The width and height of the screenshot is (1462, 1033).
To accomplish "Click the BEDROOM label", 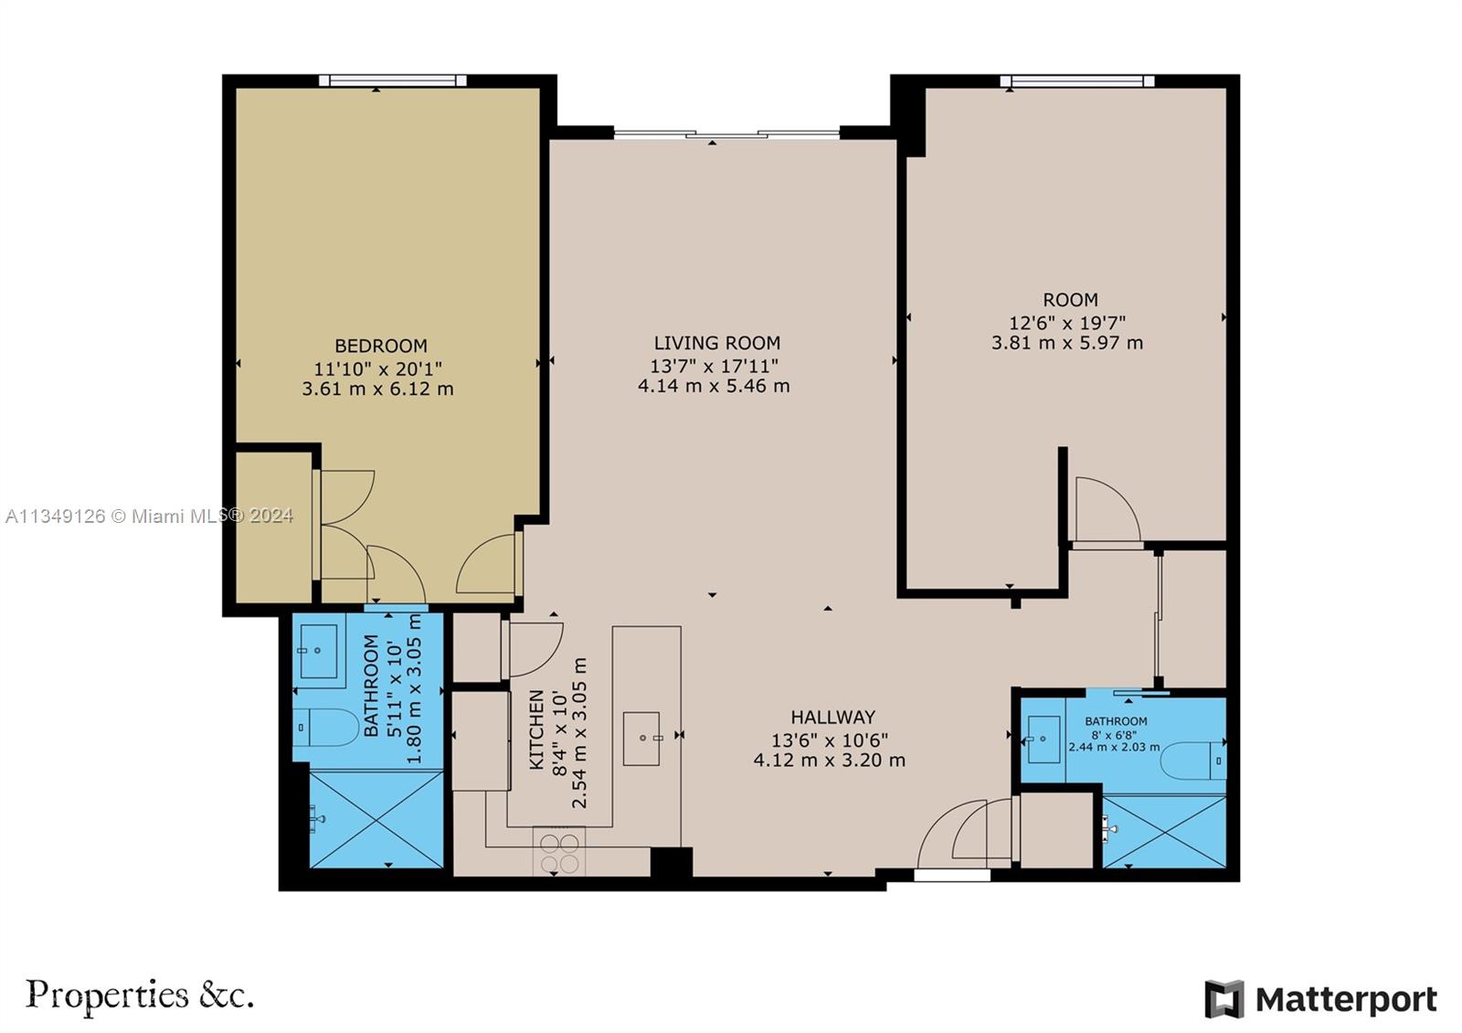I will coord(381,346).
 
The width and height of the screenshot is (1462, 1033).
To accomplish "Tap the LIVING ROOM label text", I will coord(716,343).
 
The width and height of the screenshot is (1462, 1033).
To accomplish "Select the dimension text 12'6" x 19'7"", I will coord(1066,322).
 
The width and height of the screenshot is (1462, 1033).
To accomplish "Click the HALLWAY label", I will coord(832,718).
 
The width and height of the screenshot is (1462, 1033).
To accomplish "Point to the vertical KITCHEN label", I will coord(536,729).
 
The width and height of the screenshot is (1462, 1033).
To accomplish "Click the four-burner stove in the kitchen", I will coord(558,852).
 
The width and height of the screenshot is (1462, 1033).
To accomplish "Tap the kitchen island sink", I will coord(641,738).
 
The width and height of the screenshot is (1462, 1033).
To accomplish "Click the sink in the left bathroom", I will coord(318,651).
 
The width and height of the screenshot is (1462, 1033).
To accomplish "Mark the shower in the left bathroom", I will coord(376,819).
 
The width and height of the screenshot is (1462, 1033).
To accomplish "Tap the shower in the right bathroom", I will coord(1164,831).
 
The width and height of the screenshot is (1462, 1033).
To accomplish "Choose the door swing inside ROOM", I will coord(1105,510).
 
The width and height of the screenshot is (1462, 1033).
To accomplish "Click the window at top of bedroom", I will coord(393,80).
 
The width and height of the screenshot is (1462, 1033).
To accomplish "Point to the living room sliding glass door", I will coord(726,135).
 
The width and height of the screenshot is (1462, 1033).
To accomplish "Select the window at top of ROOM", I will coord(1077,81).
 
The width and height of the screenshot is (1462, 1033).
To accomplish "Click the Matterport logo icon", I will coord(1224,998).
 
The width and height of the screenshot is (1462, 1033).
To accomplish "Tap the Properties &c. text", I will coord(139,995).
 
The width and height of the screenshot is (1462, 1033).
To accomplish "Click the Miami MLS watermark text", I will coord(149,516).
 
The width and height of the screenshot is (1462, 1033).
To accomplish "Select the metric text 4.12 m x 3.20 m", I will coord(829,760).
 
